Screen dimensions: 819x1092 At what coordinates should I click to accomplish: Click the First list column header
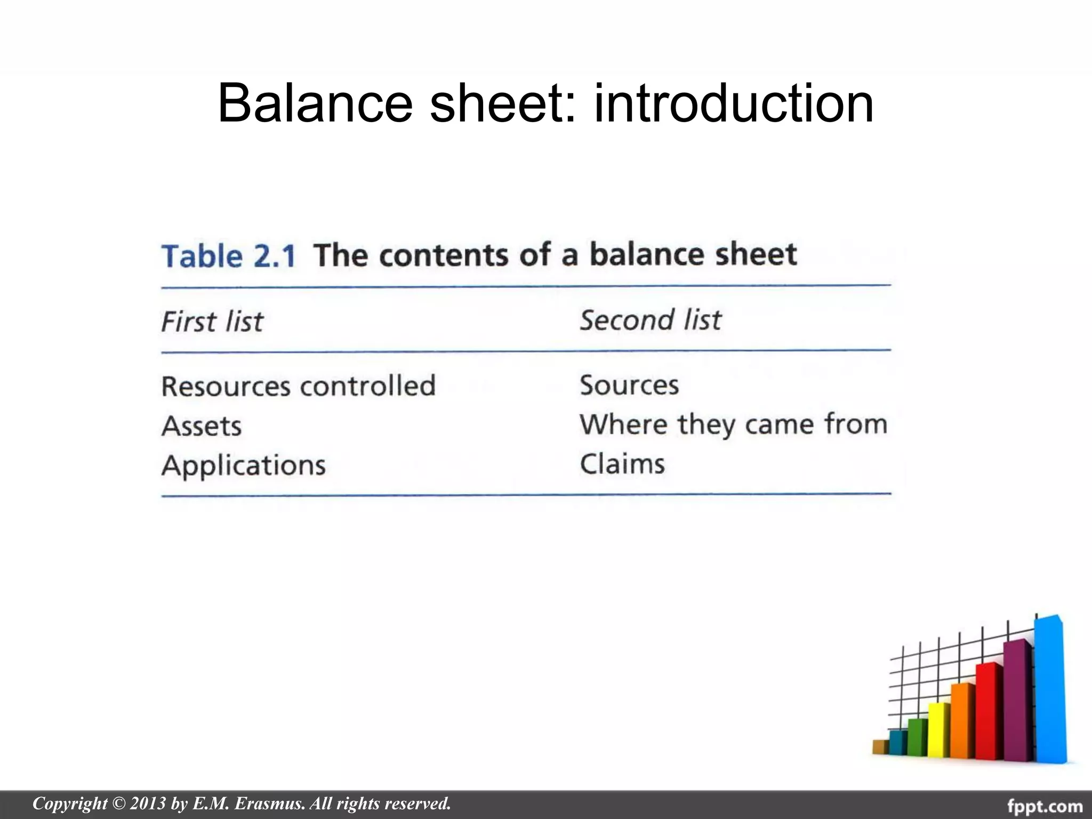(212, 322)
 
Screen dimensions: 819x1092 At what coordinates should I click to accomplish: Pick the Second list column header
(650, 320)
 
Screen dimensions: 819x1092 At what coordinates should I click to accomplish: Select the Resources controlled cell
(298, 386)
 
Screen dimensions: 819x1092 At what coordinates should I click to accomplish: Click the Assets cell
(202, 426)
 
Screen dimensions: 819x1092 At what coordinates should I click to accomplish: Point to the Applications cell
(243, 465)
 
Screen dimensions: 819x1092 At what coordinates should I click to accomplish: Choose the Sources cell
(629, 385)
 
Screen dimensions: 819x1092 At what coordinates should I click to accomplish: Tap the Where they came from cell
(733, 424)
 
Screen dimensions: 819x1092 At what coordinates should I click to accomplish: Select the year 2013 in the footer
(148, 804)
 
